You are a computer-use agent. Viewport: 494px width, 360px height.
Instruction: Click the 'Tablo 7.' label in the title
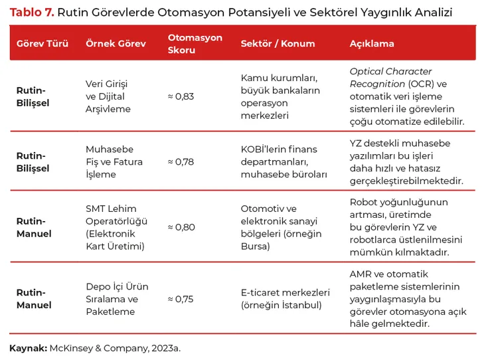(x=31, y=12)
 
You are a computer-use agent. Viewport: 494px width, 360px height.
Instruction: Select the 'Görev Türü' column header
(x=42, y=44)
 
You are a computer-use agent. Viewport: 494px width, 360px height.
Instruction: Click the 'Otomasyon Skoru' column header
(x=195, y=44)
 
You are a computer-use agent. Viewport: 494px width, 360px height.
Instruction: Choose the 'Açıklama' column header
(x=372, y=44)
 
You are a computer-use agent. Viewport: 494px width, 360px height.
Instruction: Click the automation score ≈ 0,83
(x=181, y=96)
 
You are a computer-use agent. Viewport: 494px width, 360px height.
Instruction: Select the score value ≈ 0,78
(x=181, y=161)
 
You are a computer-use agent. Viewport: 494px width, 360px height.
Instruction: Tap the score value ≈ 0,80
(x=181, y=227)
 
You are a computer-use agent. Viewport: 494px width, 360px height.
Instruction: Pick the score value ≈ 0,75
(x=181, y=299)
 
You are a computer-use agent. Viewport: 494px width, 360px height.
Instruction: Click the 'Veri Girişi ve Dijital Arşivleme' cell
(x=108, y=96)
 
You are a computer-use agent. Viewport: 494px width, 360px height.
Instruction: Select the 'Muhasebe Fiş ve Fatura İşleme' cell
(x=110, y=161)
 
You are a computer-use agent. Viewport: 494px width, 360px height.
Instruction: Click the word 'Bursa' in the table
(x=255, y=246)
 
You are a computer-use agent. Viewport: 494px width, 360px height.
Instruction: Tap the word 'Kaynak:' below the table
(x=28, y=347)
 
